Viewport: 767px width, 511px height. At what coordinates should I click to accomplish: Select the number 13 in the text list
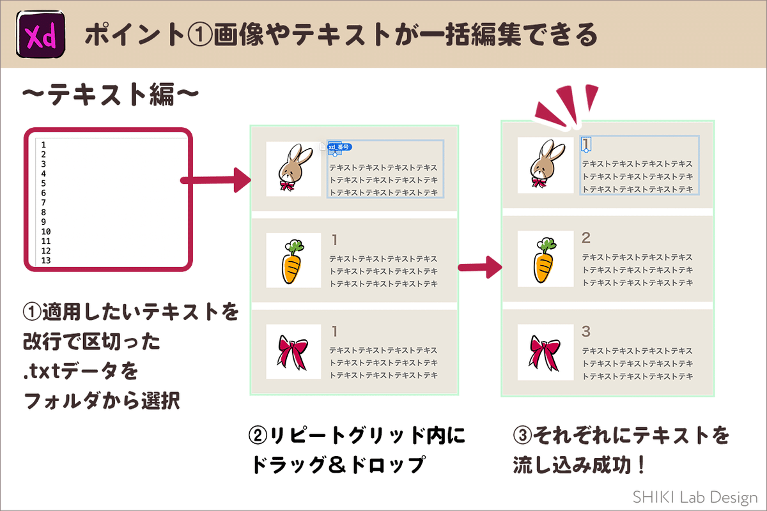tap(45, 261)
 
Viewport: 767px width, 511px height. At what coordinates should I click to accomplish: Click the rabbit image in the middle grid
tap(293, 169)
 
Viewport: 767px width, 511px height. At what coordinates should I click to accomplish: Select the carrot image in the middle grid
tap(293, 261)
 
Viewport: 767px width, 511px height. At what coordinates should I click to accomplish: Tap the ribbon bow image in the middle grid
tap(293, 352)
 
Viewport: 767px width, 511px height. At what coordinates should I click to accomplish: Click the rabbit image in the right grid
tap(545, 165)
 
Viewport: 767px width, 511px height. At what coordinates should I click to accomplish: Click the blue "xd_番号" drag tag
tap(339, 148)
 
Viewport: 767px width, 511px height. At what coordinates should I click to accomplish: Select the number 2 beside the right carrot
tap(586, 238)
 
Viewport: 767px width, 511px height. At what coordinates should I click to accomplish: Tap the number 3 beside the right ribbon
tap(586, 332)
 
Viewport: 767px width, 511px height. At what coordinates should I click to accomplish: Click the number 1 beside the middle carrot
tap(334, 240)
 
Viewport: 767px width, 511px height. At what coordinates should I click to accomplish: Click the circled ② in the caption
tap(258, 437)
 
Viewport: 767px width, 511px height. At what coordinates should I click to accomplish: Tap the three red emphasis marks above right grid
tap(562, 103)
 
